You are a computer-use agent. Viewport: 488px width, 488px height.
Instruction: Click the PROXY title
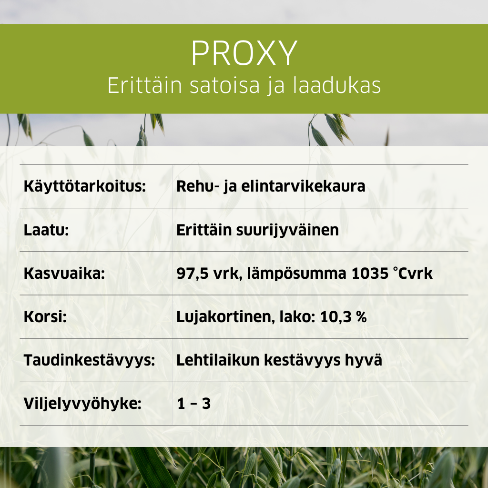pos(244,53)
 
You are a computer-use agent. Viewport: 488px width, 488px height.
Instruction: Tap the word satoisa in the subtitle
pos(224,85)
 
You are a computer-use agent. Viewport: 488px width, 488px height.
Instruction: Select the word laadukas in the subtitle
pos(337,85)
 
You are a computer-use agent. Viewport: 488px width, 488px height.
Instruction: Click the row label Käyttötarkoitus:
pos(85,186)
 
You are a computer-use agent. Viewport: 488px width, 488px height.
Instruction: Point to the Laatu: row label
pos(46,230)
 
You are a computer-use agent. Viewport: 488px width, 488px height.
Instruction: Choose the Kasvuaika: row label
pos(64,274)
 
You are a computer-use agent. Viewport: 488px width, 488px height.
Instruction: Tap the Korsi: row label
pos(45,317)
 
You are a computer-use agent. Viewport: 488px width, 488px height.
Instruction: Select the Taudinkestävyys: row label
pos(89,360)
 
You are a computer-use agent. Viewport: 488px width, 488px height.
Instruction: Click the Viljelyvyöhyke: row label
pos(82,404)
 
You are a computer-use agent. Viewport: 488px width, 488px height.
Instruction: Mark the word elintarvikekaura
pos(303,186)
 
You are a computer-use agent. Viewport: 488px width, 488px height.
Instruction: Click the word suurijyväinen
pos(287,231)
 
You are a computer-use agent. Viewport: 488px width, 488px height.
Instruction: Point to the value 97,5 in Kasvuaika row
pos(192,274)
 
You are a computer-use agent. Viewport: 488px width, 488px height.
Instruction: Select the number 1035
pos(370,274)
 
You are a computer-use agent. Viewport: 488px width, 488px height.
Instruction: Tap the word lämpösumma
pos(296,274)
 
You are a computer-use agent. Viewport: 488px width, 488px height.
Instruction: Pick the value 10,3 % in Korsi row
pos(343,317)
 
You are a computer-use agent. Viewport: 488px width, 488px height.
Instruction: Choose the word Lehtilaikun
pos(218,360)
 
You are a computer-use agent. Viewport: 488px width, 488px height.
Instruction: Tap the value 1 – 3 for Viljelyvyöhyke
pos(194,404)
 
